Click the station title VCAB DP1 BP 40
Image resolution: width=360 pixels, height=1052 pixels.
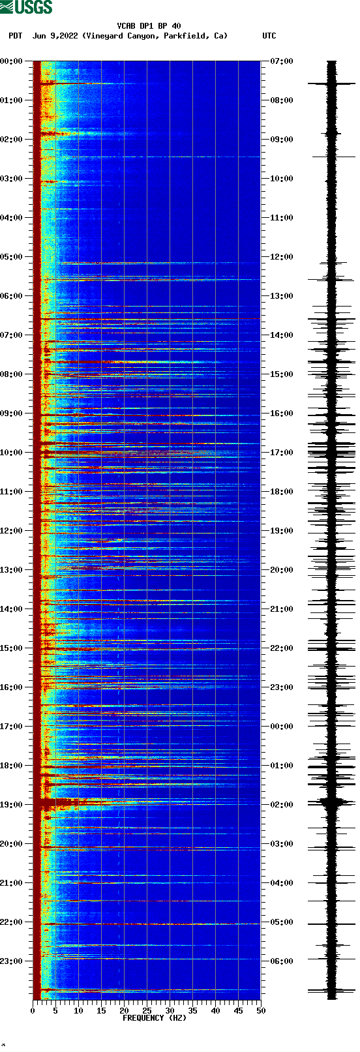pos(149,26)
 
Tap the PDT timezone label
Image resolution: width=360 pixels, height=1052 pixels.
pos(15,36)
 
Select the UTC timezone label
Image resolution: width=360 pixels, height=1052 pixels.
pos(269,36)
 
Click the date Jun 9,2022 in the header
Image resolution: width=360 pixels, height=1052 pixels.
pos(55,36)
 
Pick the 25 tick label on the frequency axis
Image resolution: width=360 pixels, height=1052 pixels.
pos(147,1010)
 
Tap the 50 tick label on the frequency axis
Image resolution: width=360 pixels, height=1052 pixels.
pos(261,1010)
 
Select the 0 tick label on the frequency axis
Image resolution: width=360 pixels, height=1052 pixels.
pos(33,1010)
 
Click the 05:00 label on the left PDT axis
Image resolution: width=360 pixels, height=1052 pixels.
pos(11,257)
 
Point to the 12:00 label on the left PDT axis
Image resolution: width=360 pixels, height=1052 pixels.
pos(11,531)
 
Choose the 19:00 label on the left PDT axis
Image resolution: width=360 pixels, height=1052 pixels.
pos(11,805)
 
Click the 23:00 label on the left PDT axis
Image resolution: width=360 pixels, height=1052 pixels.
pos(11,961)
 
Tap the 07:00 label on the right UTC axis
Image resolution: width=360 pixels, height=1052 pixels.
pos(282,61)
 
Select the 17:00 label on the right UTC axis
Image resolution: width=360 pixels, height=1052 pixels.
pos(282,453)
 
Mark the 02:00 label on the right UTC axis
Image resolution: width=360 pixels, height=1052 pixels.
pos(282,805)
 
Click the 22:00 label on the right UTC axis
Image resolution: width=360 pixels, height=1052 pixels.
pos(282,648)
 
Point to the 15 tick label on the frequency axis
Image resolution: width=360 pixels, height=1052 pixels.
pos(101,1010)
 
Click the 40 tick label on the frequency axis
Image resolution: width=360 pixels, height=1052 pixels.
pos(215,1010)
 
